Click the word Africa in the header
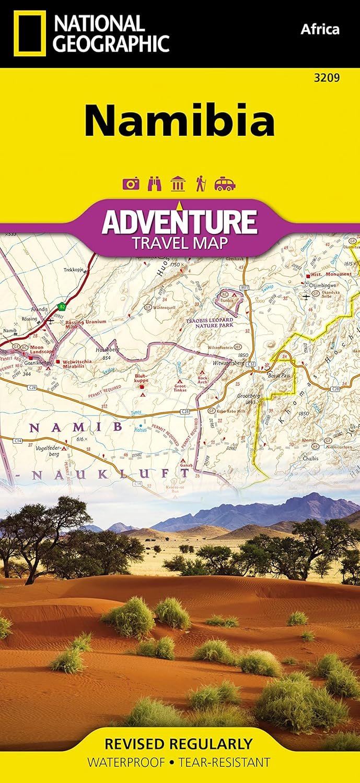coord(320,29)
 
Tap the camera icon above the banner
coord(131,184)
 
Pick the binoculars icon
coord(155,184)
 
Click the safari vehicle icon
coord(225,184)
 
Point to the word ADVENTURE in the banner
coord(179,222)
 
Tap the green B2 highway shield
coord(62,306)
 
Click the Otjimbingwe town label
coord(323,285)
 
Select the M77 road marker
coord(245,288)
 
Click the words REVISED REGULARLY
coord(179,743)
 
